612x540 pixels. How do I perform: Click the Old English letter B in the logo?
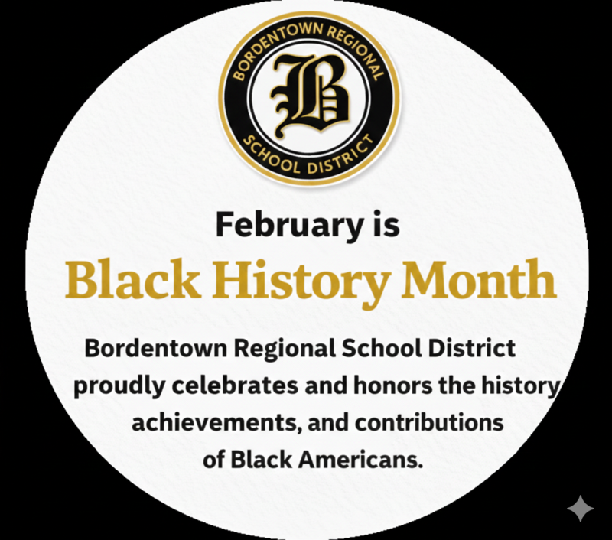click(309, 97)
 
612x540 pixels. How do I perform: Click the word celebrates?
click(229, 386)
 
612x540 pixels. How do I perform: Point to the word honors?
click(393, 386)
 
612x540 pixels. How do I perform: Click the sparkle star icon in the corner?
click(580, 508)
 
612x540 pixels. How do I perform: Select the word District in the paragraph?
click(470, 349)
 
